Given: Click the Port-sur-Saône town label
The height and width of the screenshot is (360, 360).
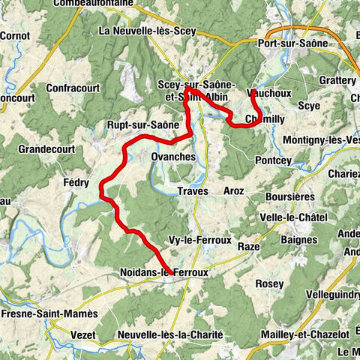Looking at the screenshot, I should (x=293, y=43).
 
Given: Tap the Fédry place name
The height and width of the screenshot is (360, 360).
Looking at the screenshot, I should (x=76, y=182).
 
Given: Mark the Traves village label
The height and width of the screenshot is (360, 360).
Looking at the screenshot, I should (x=192, y=191).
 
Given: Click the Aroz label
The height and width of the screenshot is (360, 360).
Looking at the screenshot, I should (x=233, y=191).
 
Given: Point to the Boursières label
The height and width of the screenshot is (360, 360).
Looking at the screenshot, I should (x=288, y=196).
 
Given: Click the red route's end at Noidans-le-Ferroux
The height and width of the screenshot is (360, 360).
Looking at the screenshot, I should (x=172, y=273).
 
